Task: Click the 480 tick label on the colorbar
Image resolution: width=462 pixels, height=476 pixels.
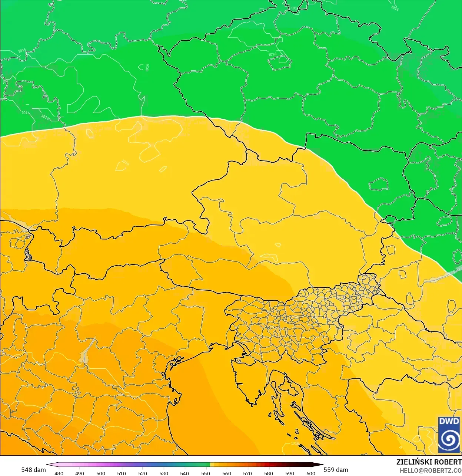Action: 59,473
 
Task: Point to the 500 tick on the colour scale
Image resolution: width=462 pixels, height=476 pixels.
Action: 101,473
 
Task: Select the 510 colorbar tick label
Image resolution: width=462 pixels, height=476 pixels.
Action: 122,473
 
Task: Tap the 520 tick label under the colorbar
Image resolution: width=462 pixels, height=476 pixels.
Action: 143,473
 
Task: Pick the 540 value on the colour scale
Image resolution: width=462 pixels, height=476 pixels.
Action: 185,473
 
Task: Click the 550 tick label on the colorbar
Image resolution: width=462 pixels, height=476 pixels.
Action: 206,473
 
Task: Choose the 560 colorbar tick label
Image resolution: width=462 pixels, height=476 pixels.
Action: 227,473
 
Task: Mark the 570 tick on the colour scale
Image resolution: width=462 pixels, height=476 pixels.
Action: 247,473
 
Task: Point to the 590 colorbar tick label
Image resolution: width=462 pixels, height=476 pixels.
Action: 290,473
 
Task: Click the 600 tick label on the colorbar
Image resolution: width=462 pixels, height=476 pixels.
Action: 310,473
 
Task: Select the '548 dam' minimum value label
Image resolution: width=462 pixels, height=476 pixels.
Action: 33,470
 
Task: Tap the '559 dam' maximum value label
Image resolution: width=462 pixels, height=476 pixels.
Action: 336,470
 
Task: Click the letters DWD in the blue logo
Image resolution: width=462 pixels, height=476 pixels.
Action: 449,422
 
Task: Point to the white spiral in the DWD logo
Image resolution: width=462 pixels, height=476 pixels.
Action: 449,440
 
